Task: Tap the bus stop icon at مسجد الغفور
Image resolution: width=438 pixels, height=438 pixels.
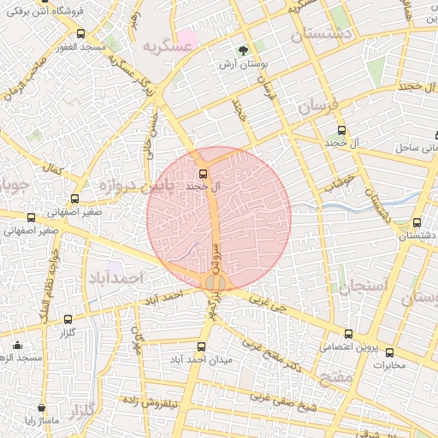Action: [80, 34]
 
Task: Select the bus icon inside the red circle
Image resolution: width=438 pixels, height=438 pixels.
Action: [202, 174]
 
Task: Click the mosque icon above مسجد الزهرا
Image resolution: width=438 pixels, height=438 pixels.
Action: [17, 346]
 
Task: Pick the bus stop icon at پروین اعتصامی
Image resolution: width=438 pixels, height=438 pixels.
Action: [347, 334]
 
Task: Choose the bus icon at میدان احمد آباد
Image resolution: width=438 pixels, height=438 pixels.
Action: [201, 346]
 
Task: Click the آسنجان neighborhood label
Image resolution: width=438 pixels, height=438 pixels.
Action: [364, 286]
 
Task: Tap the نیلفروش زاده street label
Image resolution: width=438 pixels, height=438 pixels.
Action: [146, 401]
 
